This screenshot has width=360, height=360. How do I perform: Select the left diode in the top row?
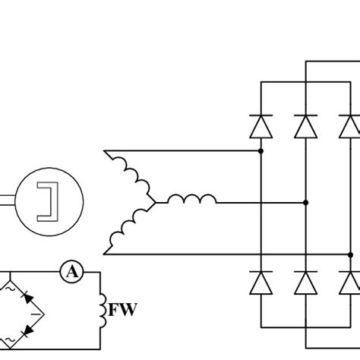(x=261, y=124)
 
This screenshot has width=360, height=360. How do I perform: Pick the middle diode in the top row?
(x=305, y=124)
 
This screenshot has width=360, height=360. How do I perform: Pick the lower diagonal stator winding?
(x=129, y=229)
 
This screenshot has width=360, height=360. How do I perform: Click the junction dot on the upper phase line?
(x=261, y=151)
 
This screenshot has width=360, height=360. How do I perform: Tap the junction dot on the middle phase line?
(x=305, y=203)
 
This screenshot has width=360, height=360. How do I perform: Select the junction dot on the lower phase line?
(x=350, y=254)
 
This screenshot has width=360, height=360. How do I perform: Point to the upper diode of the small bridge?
(x=27, y=299)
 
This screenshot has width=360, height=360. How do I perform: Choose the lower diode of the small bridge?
(x=27, y=330)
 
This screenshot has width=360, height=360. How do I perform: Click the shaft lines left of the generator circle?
(x=8, y=201)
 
